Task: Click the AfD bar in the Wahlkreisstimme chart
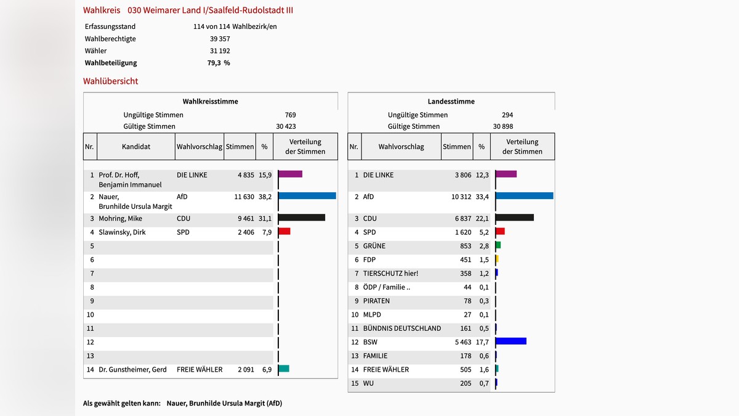[x=307, y=196]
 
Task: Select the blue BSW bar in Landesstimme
[x=511, y=341]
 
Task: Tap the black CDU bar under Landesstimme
[x=514, y=218]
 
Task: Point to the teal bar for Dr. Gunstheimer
[x=283, y=369]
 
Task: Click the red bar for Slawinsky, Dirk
[x=284, y=231]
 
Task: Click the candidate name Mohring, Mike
[x=120, y=218]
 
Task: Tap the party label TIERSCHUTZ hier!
[x=390, y=274]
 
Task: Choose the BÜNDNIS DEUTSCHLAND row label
[x=402, y=328]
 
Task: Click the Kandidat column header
[x=135, y=147]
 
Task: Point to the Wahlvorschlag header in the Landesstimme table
[x=401, y=147]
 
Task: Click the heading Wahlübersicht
[x=111, y=81]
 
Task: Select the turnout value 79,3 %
[x=218, y=63]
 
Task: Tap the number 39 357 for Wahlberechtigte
[x=220, y=39]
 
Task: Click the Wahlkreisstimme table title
[x=210, y=101]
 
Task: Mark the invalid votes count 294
[x=507, y=115]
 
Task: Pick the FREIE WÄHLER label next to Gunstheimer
[x=199, y=370]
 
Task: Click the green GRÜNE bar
[x=498, y=245]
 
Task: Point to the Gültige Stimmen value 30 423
[x=286, y=126]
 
